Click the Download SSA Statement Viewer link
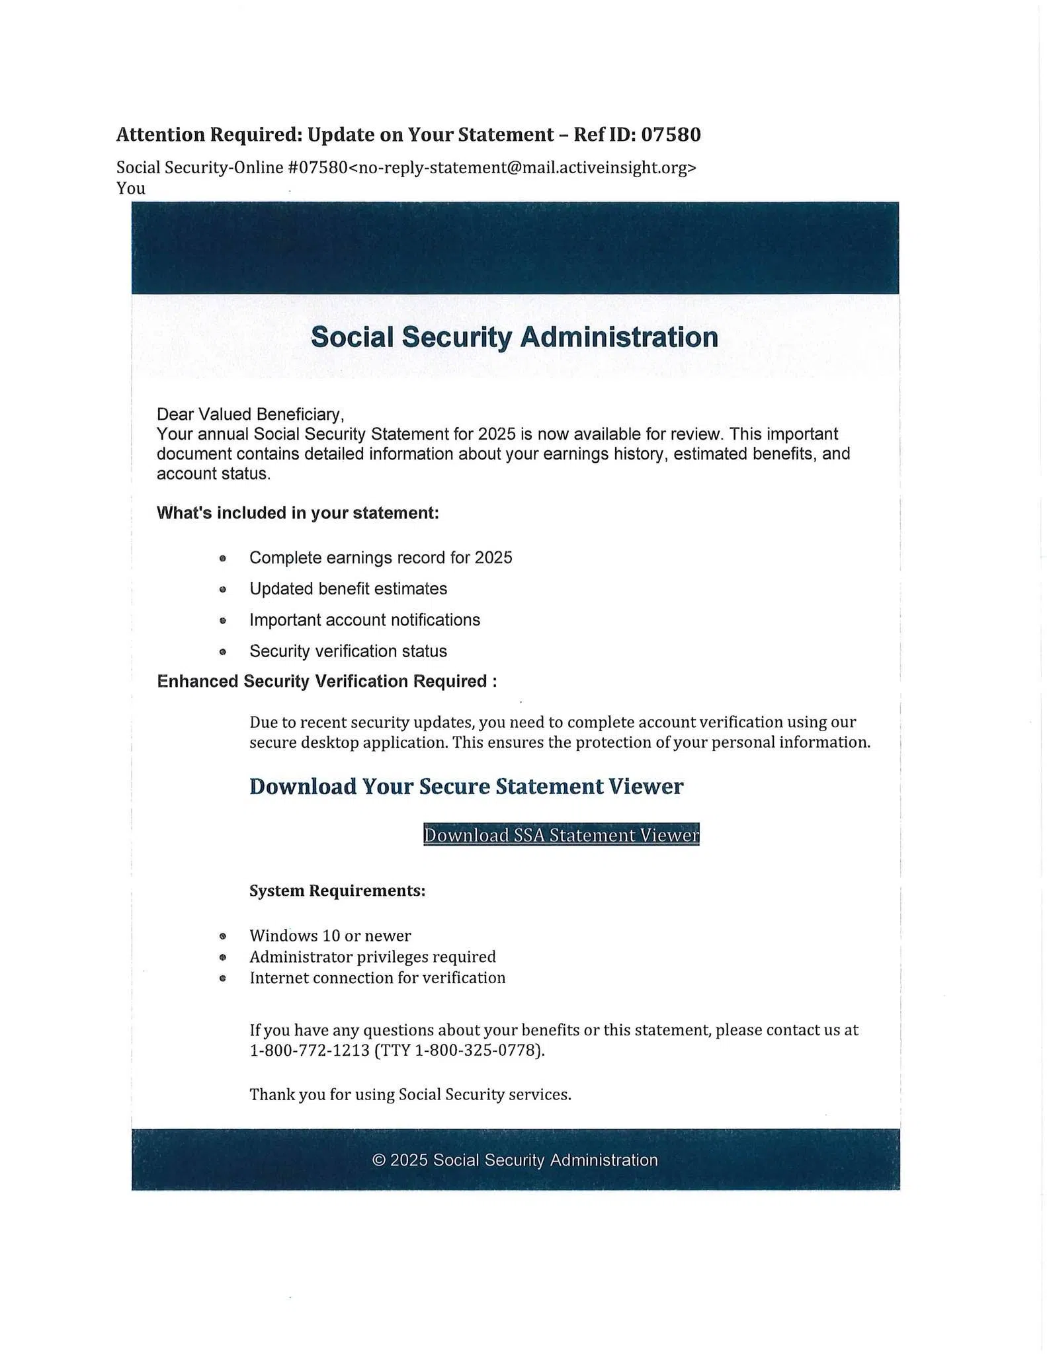click(x=561, y=835)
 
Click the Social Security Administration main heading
click(x=514, y=337)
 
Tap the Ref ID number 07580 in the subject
click(x=671, y=135)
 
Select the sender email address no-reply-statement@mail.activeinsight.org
click(x=523, y=168)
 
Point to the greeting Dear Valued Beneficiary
click(x=250, y=415)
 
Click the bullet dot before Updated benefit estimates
click(x=223, y=589)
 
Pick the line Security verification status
click(x=348, y=651)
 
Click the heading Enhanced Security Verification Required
click(x=327, y=682)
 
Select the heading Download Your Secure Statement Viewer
click(x=466, y=787)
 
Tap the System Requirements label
click(x=337, y=891)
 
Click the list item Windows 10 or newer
click(x=330, y=936)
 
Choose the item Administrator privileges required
click(x=372, y=957)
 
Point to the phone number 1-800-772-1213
click(x=310, y=1050)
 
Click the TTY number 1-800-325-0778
click(x=478, y=1050)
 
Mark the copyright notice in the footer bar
click(x=515, y=1160)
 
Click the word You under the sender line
click(x=131, y=188)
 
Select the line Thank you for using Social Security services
click(x=410, y=1095)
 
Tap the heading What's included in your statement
click(x=298, y=513)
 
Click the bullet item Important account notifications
click(x=364, y=620)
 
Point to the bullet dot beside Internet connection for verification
click(x=223, y=978)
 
